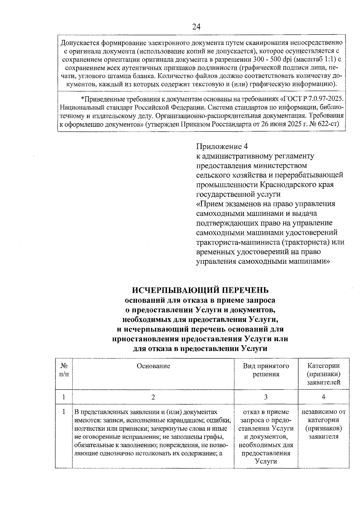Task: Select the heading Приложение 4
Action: click(x=222, y=146)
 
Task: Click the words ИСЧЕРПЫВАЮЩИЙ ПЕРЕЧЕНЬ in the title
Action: click(x=200, y=290)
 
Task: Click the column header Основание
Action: click(x=153, y=366)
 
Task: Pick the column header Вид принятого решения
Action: click(x=266, y=370)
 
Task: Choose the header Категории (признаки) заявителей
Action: click(x=323, y=374)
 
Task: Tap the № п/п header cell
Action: click(x=64, y=370)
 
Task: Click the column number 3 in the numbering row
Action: click(x=266, y=397)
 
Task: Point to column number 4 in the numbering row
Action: click(x=323, y=397)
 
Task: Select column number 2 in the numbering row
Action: click(x=153, y=397)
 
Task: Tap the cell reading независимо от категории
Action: click(x=323, y=416)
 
